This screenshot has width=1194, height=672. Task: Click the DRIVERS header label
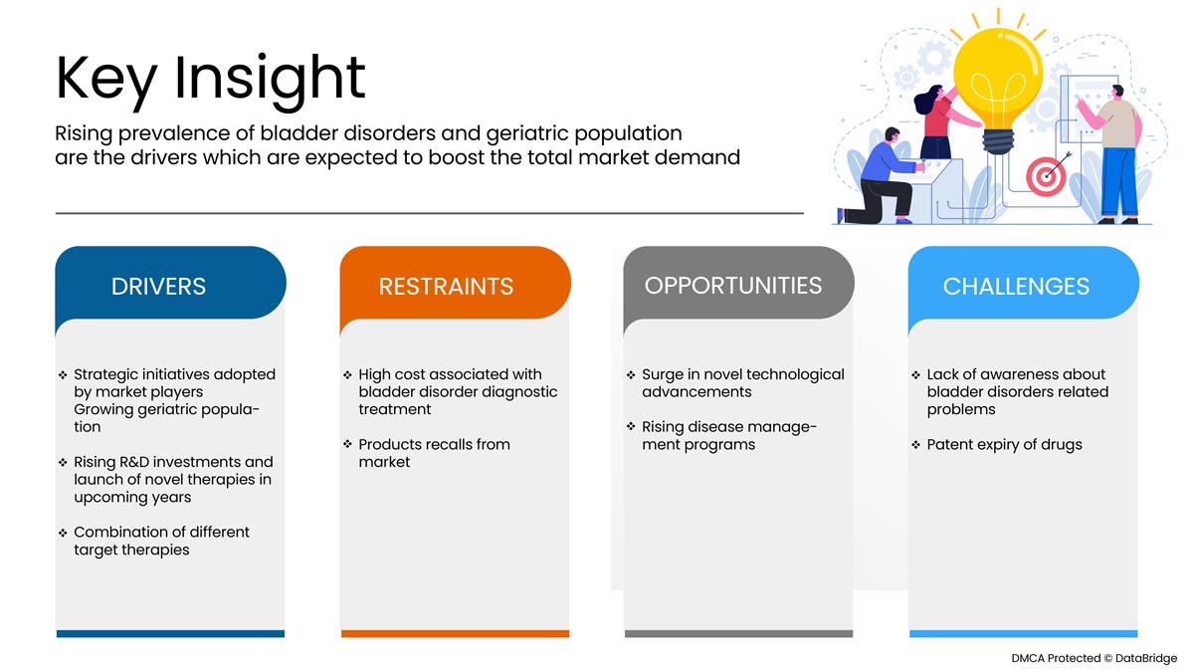pyautogui.click(x=158, y=287)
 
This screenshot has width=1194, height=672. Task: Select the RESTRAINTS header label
pyautogui.click(x=446, y=287)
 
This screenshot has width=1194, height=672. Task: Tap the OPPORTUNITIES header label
pyautogui.click(x=733, y=286)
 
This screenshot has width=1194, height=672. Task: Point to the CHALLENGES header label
pyautogui.click(x=1016, y=287)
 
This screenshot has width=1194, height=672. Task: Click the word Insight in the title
pyautogui.click(x=270, y=80)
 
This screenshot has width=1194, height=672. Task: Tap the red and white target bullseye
pyautogui.click(x=1046, y=176)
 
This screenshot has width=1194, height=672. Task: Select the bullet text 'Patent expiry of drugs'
pyautogui.click(x=1004, y=445)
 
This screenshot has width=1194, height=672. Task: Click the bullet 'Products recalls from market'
pyautogui.click(x=434, y=453)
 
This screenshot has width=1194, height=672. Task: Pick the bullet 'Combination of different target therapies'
pyautogui.click(x=161, y=541)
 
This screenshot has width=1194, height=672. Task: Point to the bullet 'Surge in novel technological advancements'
pyautogui.click(x=743, y=383)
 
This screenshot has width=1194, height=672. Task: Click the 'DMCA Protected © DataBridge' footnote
pyautogui.click(x=1094, y=658)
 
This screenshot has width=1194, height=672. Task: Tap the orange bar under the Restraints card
pyautogui.click(x=456, y=633)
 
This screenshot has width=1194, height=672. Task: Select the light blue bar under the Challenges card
pyautogui.click(x=1024, y=633)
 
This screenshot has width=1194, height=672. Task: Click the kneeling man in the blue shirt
pyautogui.click(x=880, y=176)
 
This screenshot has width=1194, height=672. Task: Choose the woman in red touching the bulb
pyautogui.click(x=941, y=121)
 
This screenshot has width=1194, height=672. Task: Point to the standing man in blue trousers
pyautogui.click(x=1114, y=154)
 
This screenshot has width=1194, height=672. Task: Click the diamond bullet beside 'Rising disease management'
pyautogui.click(x=631, y=427)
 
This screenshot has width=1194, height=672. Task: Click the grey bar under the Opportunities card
pyautogui.click(x=738, y=633)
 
